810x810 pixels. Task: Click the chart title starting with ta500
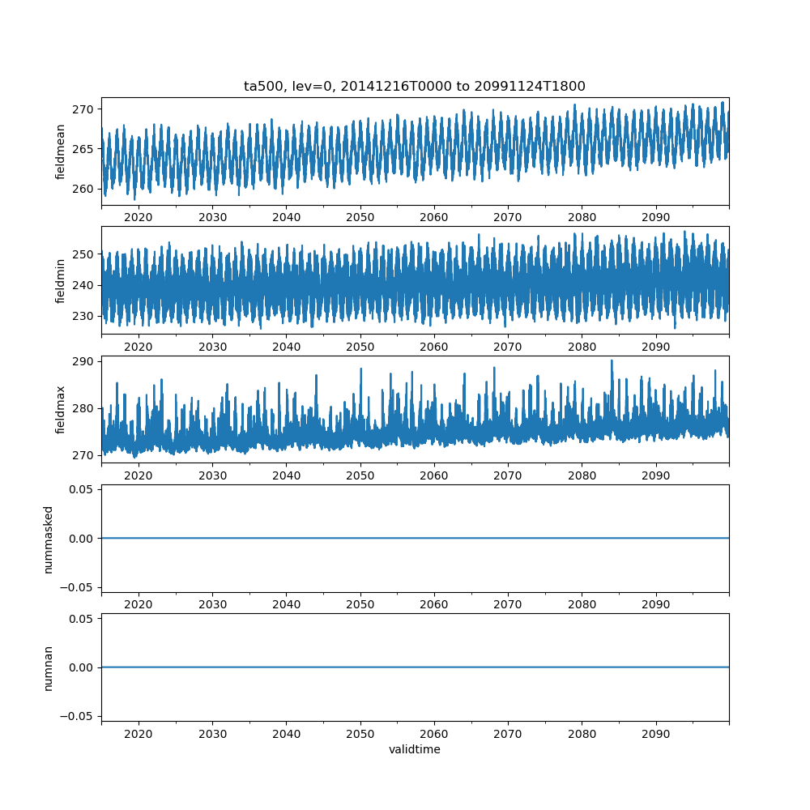414,86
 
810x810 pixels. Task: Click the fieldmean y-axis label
60,151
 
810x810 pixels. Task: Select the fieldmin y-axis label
60,280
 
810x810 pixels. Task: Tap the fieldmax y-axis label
60,409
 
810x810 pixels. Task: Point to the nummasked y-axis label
49,539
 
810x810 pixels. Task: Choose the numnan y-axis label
49,667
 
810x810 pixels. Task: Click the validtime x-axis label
414,750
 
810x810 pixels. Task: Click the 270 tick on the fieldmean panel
84,109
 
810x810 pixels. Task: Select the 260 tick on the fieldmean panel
84,189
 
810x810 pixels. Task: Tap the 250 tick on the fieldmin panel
84,254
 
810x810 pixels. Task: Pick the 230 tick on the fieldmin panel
84,316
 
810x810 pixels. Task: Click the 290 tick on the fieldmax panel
84,361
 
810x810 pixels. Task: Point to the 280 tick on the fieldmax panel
84,408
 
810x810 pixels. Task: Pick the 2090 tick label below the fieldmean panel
655,218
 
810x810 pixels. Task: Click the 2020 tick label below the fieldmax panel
139,475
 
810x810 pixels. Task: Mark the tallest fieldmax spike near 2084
612,361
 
